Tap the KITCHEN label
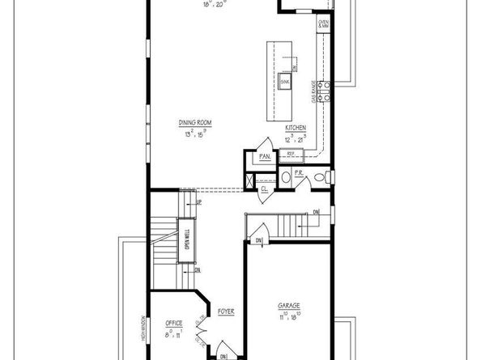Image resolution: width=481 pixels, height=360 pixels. [x=295, y=129]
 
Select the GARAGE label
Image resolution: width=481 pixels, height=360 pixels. [x=289, y=306]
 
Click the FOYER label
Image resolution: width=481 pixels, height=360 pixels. [x=226, y=311]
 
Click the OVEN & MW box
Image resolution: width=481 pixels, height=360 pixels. [x=323, y=25]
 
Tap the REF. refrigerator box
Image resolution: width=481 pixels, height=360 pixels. [x=291, y=152]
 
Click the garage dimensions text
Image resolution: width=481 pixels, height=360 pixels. [x=289, y=316]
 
